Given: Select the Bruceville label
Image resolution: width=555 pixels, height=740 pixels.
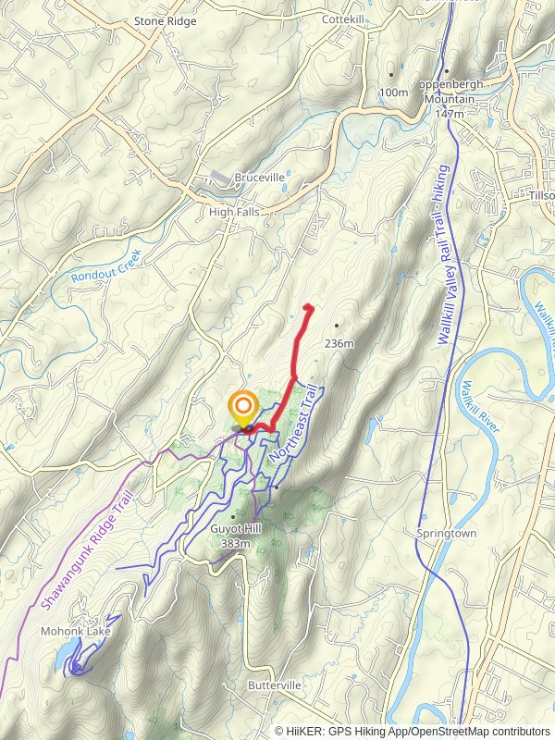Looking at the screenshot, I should [259, 178].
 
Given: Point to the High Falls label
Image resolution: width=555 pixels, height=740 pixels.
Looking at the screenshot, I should [234, 211].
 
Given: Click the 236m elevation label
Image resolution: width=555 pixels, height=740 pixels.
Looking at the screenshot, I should [339, 344].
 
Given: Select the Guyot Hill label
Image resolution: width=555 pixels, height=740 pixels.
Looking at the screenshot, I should [237, 528].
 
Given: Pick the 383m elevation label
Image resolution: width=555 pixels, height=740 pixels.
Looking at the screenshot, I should [237, 543].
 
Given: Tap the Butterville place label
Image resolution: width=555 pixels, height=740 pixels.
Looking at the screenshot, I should [275, 685].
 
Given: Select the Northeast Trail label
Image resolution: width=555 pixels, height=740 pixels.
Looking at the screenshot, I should [293, 426].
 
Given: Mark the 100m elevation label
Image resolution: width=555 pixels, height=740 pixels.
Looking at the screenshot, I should [394, 92].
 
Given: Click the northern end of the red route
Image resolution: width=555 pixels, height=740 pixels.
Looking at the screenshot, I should [309, 307].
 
